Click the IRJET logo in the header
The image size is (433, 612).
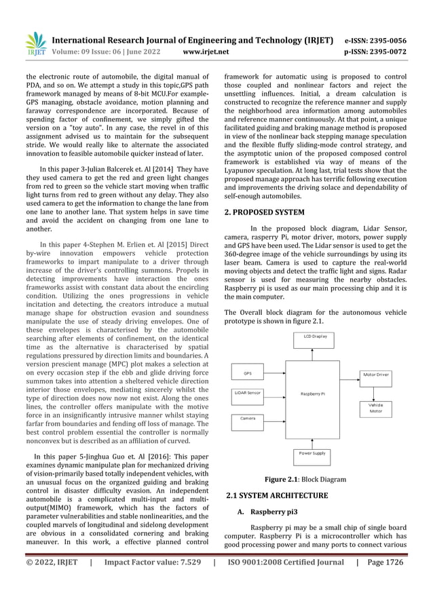pos(36,43)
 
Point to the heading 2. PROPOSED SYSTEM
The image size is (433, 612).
pos(264,212)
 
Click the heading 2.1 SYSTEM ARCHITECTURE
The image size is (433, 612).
pos(276,495)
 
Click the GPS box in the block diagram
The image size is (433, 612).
pos(247,373)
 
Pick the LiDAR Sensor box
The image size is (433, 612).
pos(247,393)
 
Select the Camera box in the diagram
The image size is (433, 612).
pos(247,419)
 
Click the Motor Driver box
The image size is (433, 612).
pos(375,374)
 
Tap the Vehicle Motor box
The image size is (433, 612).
pos(375,408)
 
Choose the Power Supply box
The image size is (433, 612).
pos(312,453)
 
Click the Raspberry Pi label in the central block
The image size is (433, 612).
pos(313,394)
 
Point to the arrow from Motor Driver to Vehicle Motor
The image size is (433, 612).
pos(375,389)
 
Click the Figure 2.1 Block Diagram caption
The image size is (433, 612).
pos(305,480)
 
